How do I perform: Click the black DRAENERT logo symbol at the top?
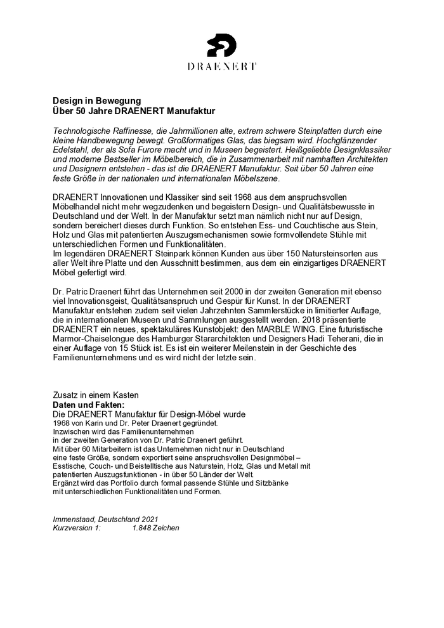pyautogui.click(x=222, y=45)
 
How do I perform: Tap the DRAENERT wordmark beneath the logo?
pyautogui.click(x=222, y=66)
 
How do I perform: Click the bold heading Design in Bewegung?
pyautogui.click(x=96, y=101)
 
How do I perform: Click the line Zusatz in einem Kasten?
pyautogui.click(x=96, y=395)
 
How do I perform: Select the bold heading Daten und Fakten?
pyautogui.click(x=88, y=405)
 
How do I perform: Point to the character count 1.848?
pyautogui.click(x=143, y=528)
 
